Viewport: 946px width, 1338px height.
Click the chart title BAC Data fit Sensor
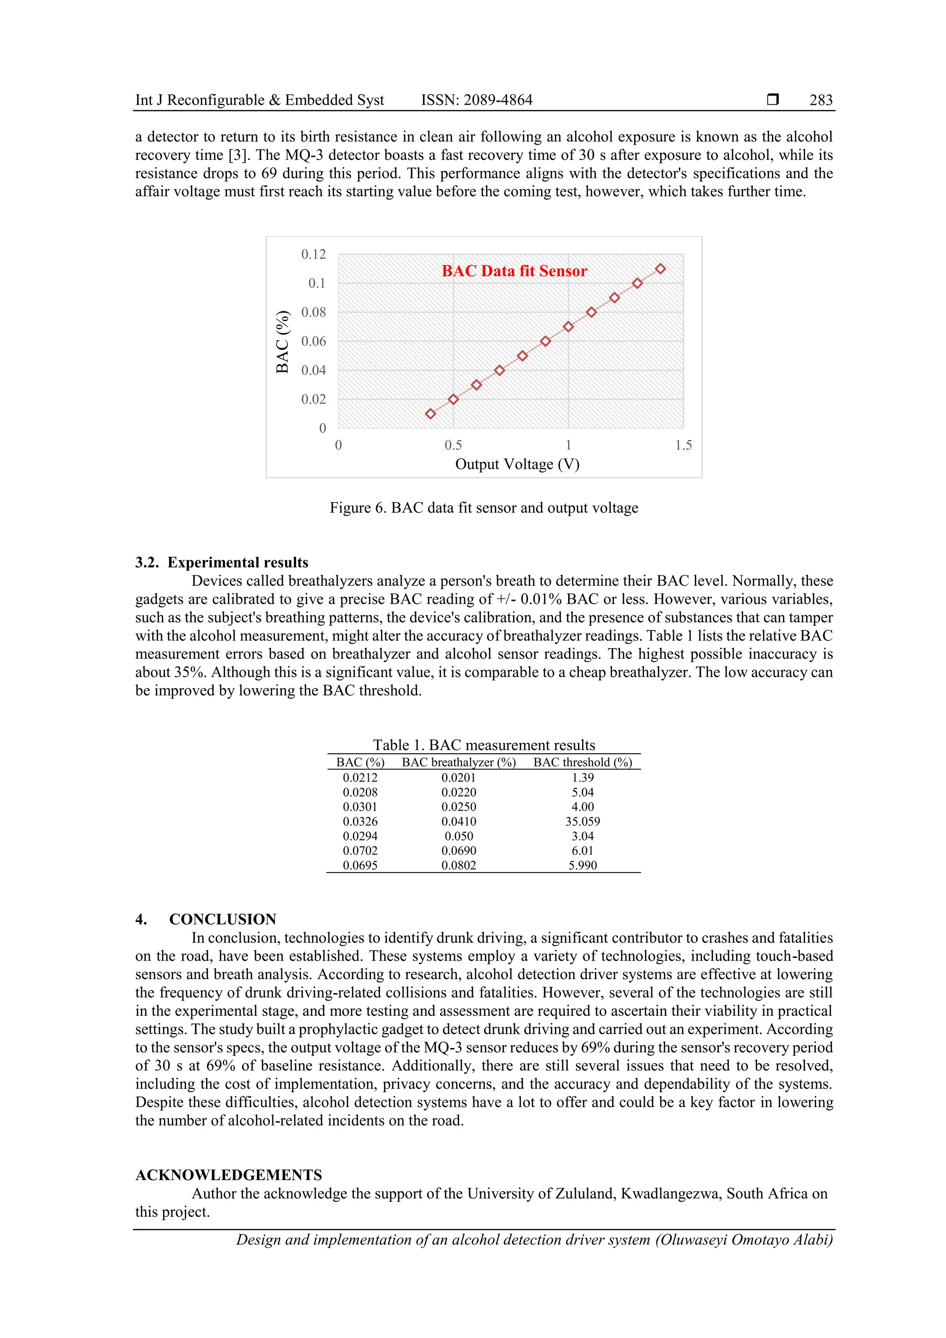pyautogui.click(x=514, y=271)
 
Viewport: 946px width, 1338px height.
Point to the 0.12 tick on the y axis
pyautogui.click(x=313, y=254)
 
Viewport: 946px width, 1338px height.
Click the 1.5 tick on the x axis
pyautogui.click(x=683, y=445)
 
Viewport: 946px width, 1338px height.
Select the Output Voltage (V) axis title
pyautogui.click(x=517, y=465)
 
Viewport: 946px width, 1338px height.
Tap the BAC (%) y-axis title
pyautogui.click(x=283, y=342)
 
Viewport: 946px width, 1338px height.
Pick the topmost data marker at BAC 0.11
pyautogui.click(x=661, y=269)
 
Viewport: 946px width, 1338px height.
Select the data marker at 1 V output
pyautogui.click(x=568, y=327)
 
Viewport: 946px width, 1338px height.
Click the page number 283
pyautogui.click(x=821, y=100)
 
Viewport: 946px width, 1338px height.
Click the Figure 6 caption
pyautogui.click(x=484, y=508)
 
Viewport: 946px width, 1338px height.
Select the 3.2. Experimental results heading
pyautogui.click(x=222, y=563)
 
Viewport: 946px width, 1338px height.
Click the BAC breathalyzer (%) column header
pyautogui.click(x=459, y=762)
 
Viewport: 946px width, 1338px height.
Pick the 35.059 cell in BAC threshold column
pyautogui.click(x=582, y=821)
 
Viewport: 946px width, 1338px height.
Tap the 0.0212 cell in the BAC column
pyautogui.click(x=360, y=777)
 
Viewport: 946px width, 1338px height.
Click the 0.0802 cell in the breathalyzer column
pyautogui.click(x=459, y=866)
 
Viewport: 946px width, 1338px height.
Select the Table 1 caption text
pyautogui.click(x=484, y=745)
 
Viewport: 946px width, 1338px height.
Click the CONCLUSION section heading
pyautogui.click(x=223, y=919)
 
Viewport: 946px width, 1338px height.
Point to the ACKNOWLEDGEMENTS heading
pyautogui.click(x=229, y=1175)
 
